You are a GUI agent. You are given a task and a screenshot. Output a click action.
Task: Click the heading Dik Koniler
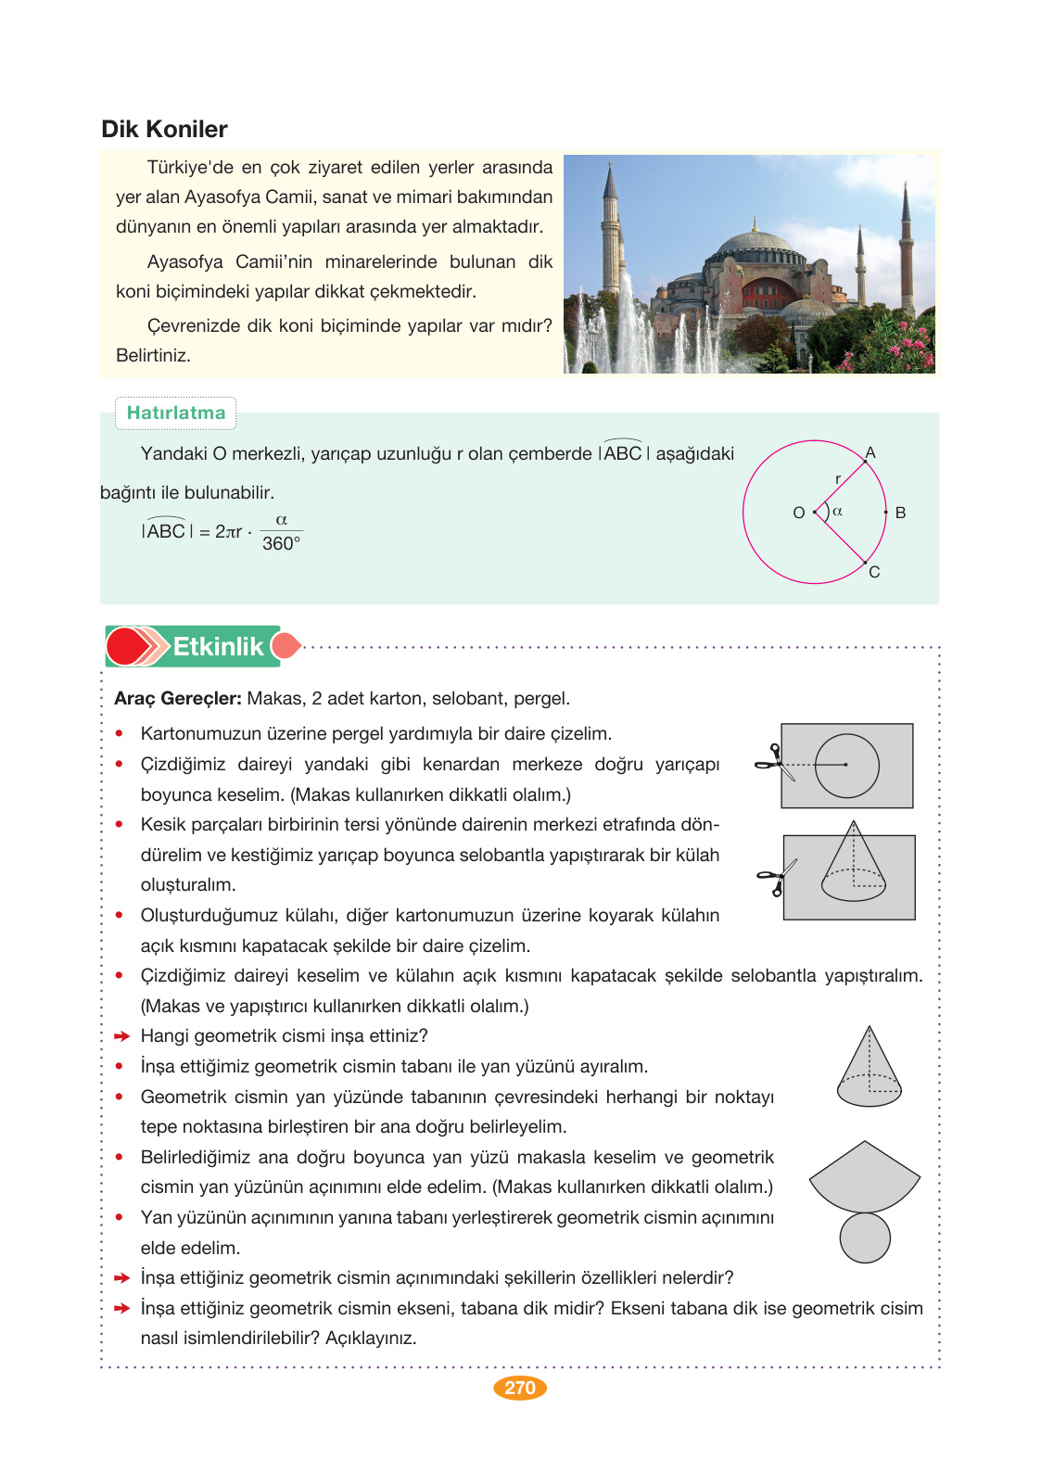click(x=164, y=129)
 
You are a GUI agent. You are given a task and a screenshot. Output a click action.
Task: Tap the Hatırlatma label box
click(x=175, y=413)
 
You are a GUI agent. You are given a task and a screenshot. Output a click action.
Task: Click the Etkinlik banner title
click(x=218, y=646)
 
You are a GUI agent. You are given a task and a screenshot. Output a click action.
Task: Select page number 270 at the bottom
click(x=519, y=1388)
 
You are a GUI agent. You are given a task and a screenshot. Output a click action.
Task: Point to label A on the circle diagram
click(x=870, y=452)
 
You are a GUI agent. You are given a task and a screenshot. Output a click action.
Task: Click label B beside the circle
click(x=900, y=513)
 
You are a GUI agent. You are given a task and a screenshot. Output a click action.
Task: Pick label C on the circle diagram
click(x=874, y=572)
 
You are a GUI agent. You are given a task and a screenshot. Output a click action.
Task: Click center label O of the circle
click(x=798, y=513)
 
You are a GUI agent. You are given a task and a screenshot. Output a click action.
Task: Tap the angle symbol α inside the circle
click(x=837, y=511)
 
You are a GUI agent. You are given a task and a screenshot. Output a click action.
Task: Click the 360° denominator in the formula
click(x=281, y=544)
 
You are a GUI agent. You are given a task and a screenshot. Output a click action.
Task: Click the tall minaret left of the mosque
click(x=610, y=232)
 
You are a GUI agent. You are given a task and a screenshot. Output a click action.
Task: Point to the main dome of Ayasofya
click(x=757, y=245)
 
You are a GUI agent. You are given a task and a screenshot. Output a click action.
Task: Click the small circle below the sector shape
click(x=865, y=1238)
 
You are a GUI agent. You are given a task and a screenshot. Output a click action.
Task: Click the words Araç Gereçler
click(x=177, y=698)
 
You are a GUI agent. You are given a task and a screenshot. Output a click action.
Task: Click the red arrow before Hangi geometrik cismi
click(x=121, y=1036)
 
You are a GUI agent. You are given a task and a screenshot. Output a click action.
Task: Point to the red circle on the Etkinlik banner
click(x=126, y=646)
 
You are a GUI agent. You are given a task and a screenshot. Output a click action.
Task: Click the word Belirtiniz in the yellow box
click(x=153, y=355)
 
